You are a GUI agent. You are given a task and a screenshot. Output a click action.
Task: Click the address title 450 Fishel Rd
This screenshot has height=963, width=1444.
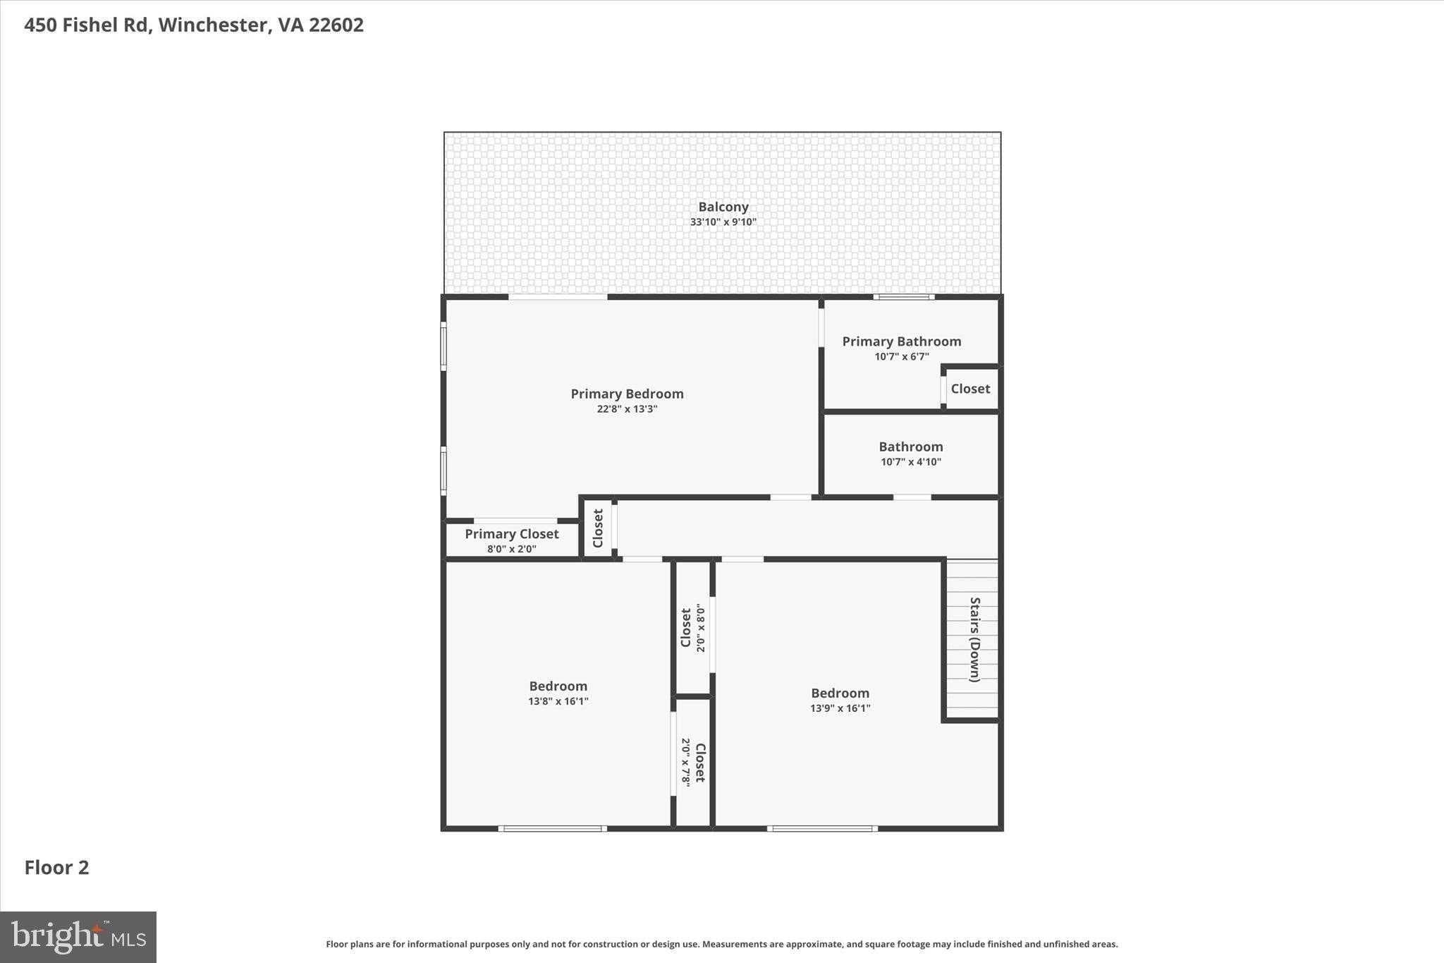tap(194, 25)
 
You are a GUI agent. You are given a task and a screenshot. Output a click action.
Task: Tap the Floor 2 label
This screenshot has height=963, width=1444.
tap(56, 867)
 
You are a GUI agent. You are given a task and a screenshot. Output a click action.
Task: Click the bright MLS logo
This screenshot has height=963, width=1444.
tap(78, 937)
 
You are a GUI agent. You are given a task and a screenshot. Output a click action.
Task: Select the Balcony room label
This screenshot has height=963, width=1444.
tap(723, 207)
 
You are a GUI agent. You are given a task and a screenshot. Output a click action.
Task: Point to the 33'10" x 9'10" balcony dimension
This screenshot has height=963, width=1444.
tap(723, 222)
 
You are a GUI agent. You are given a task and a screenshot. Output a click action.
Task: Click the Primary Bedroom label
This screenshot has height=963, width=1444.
tap(627, 394)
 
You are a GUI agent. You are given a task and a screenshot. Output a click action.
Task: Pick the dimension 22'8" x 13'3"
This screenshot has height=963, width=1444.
tap(627, 409)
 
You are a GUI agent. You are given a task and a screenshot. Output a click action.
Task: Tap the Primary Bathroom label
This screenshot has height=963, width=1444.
tap(901, 341)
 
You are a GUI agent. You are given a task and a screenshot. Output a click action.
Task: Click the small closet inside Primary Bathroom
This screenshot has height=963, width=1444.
tap(970, 389)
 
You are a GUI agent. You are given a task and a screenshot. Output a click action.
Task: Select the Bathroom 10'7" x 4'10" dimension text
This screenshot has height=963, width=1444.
tap(910, 462)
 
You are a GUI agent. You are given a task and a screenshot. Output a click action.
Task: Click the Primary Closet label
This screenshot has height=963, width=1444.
tap(511, 534)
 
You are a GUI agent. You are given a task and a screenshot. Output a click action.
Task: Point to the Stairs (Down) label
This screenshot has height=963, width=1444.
tap(974, 639)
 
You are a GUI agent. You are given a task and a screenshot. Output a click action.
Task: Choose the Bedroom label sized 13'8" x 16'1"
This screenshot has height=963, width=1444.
tap(558, 686)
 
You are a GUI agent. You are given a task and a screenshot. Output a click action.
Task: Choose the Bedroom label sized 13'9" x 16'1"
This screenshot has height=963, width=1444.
tap(839, 693)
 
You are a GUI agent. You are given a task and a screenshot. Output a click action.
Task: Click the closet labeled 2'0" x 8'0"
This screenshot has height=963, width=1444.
tap(692, 628)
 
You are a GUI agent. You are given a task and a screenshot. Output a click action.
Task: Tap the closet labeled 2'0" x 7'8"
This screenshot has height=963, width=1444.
tap(693, 762)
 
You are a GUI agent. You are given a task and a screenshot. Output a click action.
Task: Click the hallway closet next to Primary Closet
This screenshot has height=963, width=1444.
tap(598, 528)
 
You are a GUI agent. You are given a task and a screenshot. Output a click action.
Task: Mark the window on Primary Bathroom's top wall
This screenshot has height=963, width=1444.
tap(904, 297)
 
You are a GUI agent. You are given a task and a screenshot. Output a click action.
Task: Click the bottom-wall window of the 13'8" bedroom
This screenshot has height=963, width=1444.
tap(553, 828)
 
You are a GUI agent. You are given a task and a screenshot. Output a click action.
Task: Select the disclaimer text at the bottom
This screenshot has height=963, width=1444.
tap(721, 944)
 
